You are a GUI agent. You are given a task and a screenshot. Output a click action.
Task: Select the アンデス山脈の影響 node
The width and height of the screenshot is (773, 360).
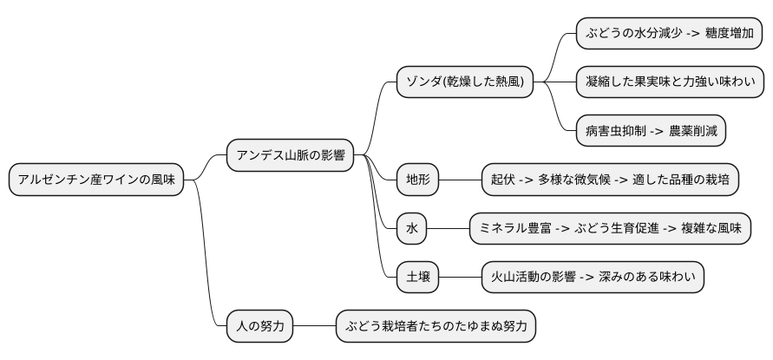coord(291,156)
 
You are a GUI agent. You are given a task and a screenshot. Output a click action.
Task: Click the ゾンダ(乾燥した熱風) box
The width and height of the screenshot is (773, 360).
coord(465,82)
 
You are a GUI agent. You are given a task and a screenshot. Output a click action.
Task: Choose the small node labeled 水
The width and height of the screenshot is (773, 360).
coord(412,229)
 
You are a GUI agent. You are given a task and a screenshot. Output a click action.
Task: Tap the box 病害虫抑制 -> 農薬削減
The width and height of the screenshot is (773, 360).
coord(651,131)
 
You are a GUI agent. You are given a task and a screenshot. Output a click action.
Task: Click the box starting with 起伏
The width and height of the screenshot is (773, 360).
coord(610,180)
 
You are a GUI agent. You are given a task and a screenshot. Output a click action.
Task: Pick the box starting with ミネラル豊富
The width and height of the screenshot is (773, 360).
coord(610,229)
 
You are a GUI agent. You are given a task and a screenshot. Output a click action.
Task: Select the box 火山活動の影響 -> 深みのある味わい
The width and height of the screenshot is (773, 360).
coord(593,278)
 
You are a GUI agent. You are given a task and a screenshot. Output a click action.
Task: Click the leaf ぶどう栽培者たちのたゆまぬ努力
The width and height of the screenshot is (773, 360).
coord(436,327)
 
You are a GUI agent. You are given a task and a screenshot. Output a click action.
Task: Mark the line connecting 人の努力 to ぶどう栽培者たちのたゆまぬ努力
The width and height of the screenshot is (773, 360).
coord(315,327)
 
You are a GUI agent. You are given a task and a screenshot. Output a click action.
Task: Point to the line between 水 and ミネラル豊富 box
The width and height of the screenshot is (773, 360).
coord(449,229)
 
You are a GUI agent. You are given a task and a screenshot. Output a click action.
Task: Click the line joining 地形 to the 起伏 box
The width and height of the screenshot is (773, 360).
coord(460,180)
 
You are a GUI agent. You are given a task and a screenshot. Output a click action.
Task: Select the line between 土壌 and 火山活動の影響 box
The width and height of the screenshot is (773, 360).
coord(460,278)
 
